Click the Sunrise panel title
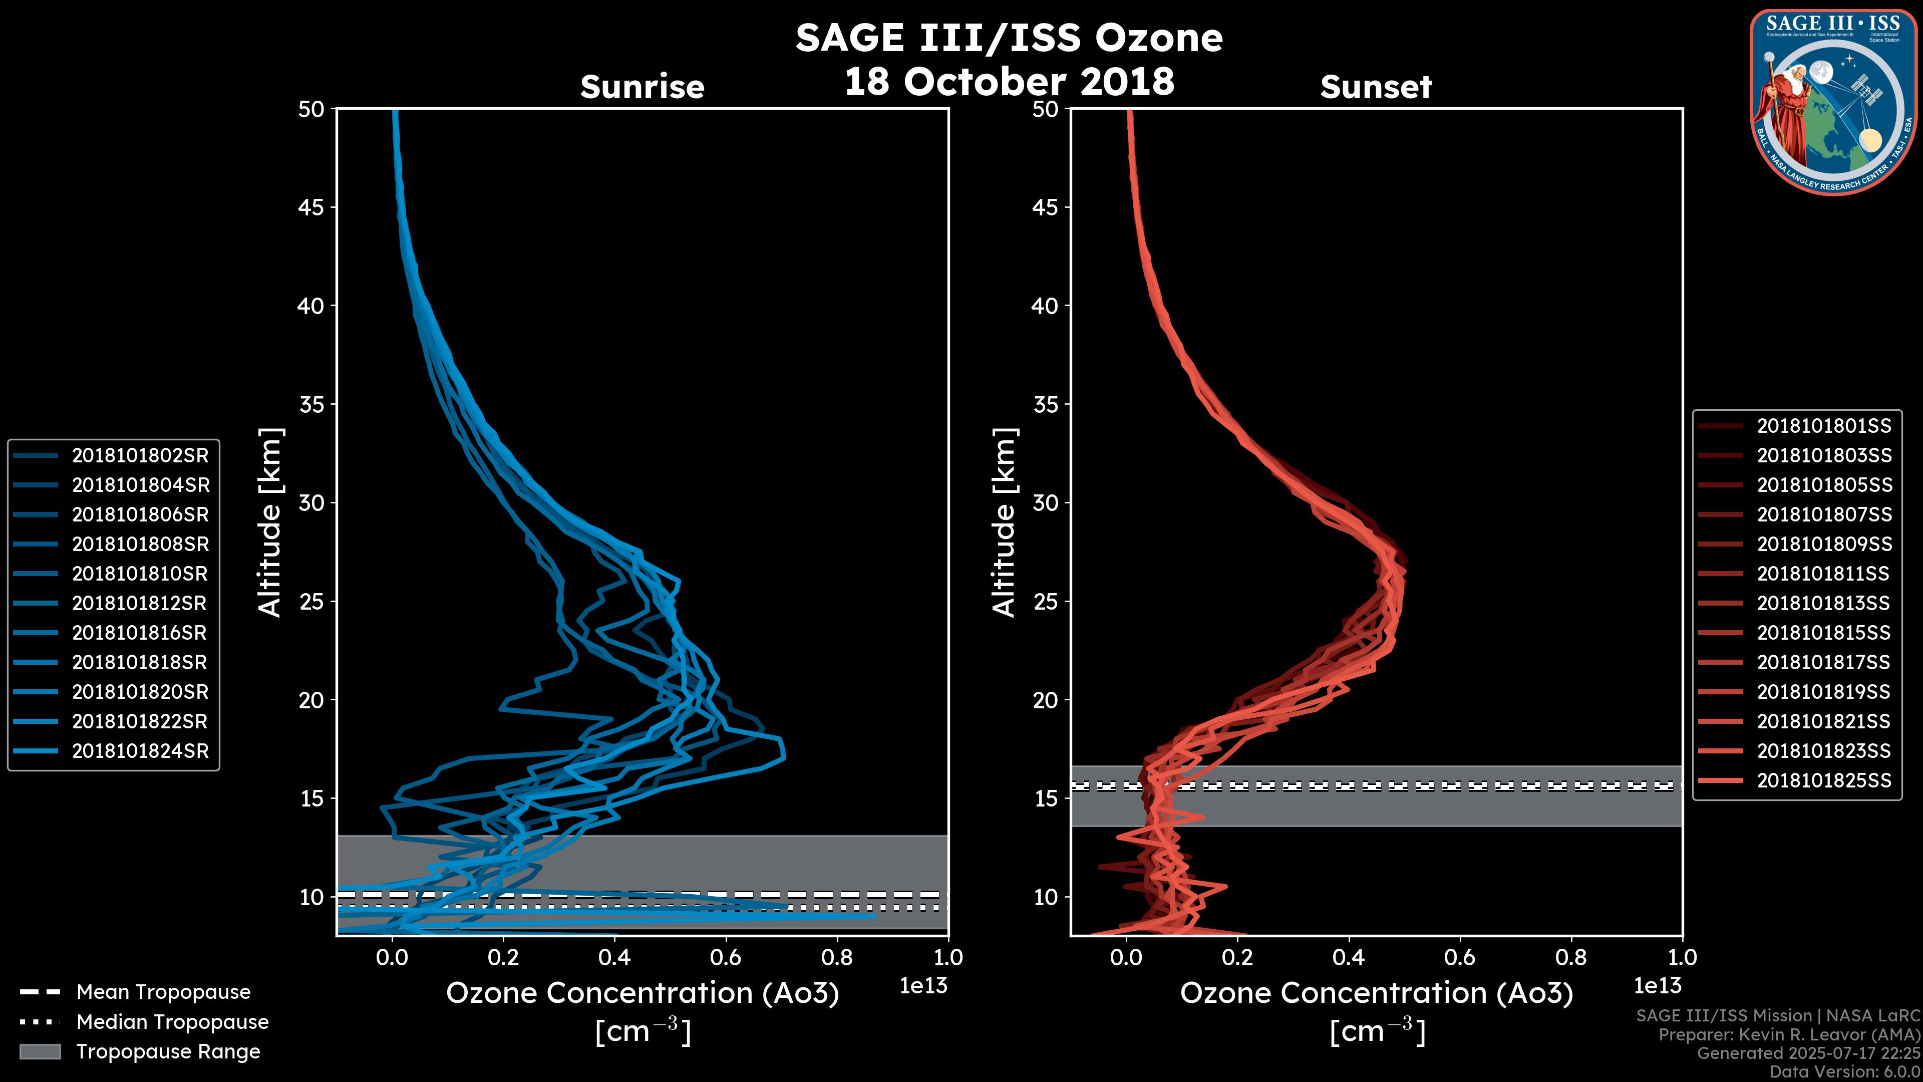tap(642, 87)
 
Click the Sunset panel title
tap(1376, 87)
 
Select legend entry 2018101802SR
tap(140, 455)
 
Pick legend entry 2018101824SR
tap(140, 751)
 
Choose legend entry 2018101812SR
tap(140, 603)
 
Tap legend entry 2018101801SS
tap(1824, 426)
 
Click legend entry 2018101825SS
tap(1824, 781)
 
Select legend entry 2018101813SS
tap(1824, 603)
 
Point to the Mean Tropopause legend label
tap(163, 992)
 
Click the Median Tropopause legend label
tap(172, 1022)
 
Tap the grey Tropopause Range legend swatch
tap(40, 1052)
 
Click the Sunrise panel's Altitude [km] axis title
tap(270, 522)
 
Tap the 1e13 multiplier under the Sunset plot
tap(1657, 986)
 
